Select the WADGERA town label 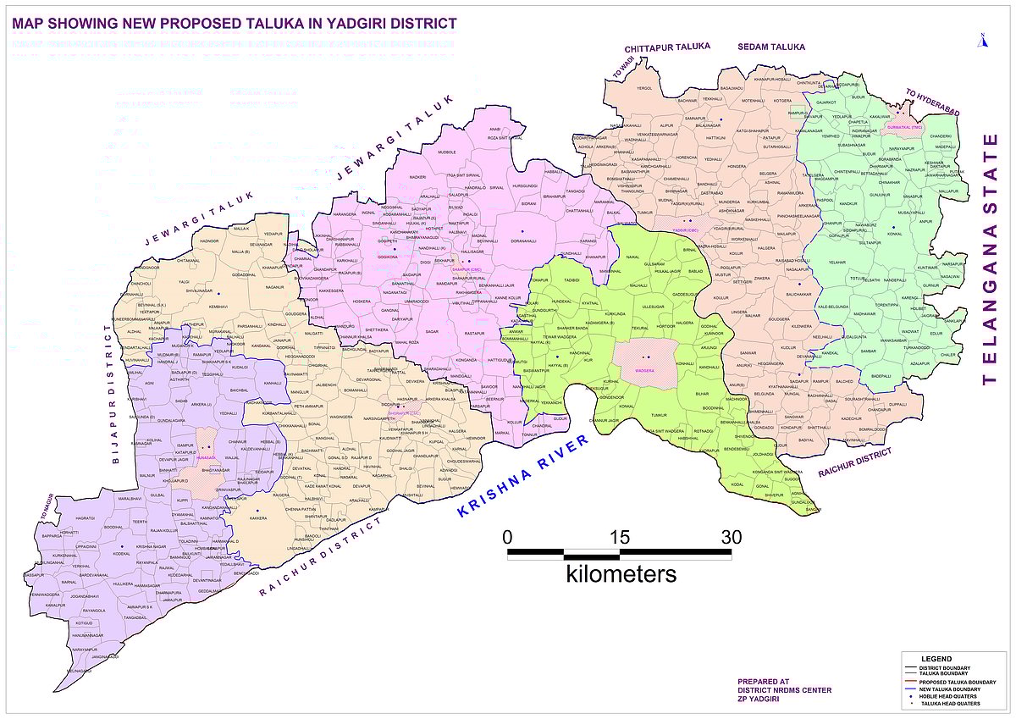pos(645,370)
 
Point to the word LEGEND pos(936,659)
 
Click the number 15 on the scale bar pos(620,537)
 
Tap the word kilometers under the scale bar pos(621,574)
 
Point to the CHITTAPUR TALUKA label pos(667,47)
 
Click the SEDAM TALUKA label pos(770,47)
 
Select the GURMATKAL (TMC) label pos(904,127)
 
